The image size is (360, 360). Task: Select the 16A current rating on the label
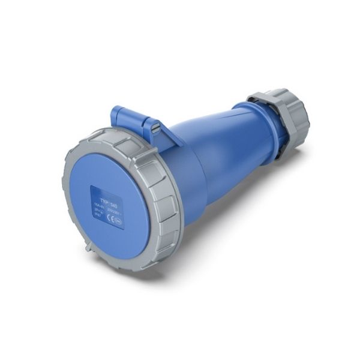pos(97,205)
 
